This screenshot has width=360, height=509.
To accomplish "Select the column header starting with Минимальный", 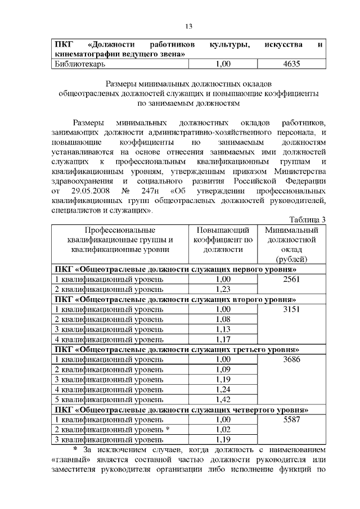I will point(291,244).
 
